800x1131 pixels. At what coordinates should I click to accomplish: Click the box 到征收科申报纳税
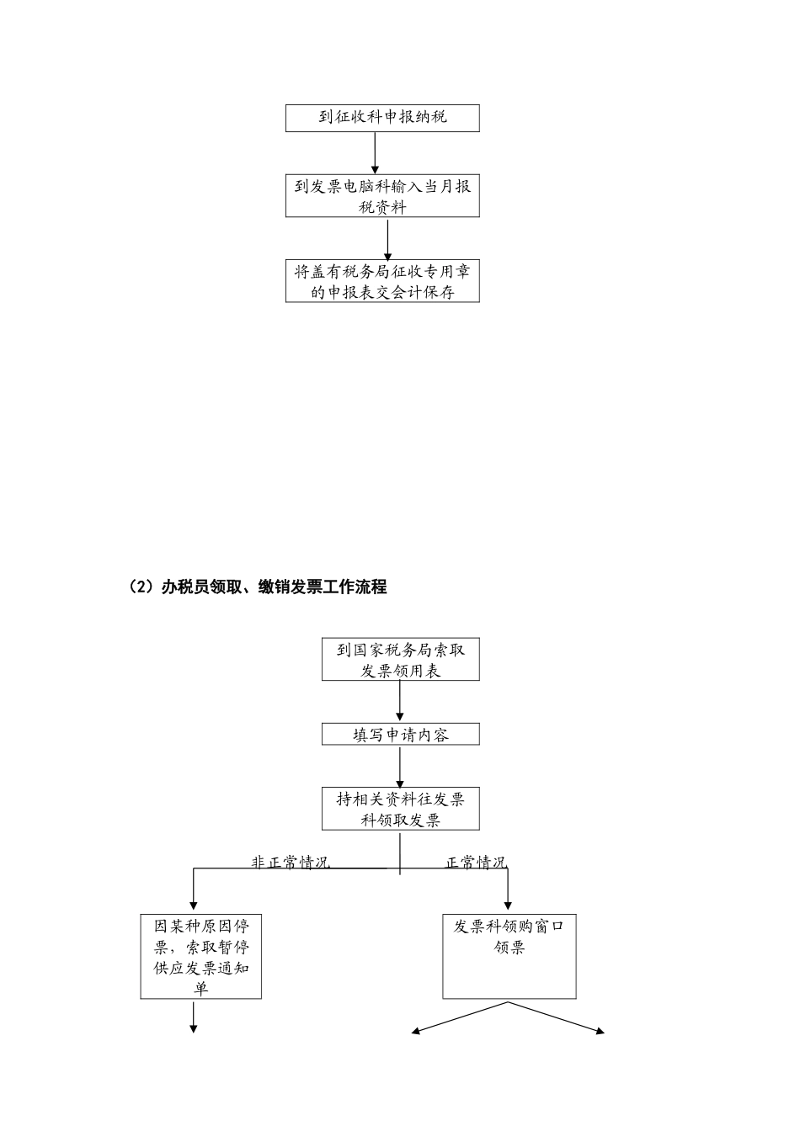382,118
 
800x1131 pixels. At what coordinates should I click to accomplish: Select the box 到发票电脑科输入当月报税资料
382,196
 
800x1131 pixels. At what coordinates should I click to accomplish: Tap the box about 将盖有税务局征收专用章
382,281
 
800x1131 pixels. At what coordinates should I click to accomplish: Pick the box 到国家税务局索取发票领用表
400,660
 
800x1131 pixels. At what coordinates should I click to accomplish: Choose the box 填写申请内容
400,734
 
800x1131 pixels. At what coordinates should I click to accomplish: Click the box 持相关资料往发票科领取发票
400,809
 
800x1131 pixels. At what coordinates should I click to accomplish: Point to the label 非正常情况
291,863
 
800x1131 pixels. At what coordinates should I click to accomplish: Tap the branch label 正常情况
476,863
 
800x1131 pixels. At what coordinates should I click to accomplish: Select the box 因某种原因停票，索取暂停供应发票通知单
201,957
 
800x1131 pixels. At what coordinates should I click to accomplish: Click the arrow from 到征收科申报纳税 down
375,152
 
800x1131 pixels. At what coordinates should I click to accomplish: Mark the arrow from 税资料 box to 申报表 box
388,238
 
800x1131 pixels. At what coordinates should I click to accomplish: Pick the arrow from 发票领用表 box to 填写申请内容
400,701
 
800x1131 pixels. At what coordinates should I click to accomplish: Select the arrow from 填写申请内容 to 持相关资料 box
400,766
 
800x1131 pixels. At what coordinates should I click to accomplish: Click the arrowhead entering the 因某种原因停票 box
194,903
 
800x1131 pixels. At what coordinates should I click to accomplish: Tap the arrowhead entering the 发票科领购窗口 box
508,903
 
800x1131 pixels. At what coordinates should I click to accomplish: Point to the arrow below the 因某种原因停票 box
194,1017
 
